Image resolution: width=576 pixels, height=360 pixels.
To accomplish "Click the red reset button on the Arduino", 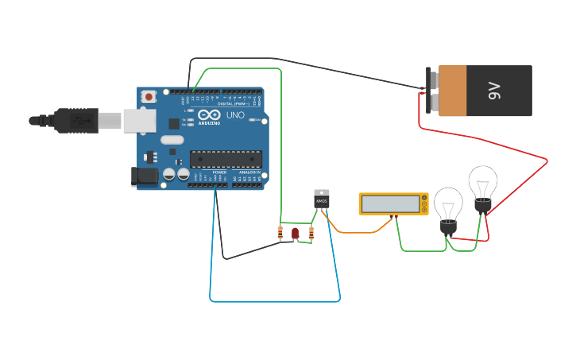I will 149,96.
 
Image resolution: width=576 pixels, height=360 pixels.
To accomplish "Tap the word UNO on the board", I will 236,115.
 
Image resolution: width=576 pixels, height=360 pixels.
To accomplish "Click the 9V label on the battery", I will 494,91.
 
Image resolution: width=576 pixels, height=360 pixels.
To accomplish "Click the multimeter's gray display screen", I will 389,204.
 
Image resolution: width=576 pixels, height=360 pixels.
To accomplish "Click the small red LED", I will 295,233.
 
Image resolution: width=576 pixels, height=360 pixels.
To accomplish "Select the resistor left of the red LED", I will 280,233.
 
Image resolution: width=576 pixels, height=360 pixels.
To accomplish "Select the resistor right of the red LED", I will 311,233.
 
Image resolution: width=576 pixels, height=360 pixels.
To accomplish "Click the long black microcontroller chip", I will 226,159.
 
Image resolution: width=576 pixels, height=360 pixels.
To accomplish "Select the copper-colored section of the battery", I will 452,91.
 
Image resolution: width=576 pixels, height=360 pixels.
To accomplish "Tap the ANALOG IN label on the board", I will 249,172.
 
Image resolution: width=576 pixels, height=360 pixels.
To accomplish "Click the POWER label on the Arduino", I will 219,172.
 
